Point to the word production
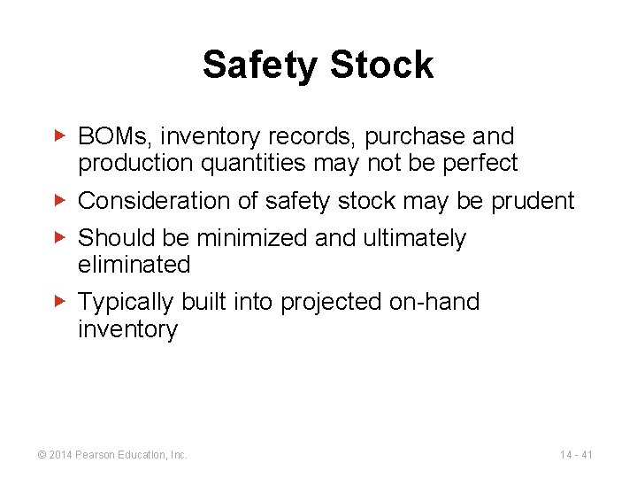(130, 164)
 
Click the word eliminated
(134, 265)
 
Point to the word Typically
(127, 303)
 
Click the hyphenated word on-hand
(434, 303)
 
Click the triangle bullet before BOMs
(59, 137)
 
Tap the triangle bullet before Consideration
(59, 201)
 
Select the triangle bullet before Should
(59, 238)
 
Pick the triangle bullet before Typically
(59, 303)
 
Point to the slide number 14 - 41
(577, 455)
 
